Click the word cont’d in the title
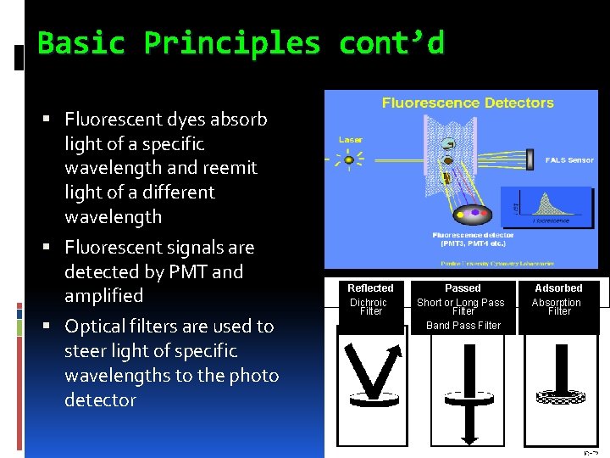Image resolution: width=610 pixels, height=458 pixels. pos(391,42)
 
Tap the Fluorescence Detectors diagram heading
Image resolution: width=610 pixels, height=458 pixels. pos(468,103)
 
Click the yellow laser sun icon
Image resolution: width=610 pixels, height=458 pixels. pos(348,159)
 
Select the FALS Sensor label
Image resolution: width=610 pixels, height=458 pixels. pos(568,159)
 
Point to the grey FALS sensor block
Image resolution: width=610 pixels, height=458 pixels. pos(530,159)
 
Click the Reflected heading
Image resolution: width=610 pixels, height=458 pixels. pos(370,288)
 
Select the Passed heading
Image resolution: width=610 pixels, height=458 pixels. pos(463,288)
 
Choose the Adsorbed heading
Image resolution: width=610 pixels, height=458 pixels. pos(558,288)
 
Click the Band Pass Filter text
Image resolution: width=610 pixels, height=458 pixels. pos(463,326)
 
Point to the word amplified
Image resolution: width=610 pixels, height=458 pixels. pos(103,296)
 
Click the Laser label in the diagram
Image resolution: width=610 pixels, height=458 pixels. pos(351,139)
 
